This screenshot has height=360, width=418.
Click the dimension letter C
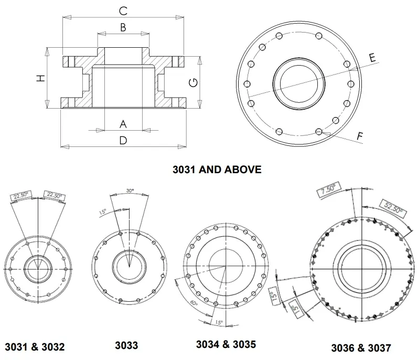pos(123,10)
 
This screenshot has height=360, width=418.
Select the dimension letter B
pos(123,28)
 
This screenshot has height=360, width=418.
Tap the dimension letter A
pos(123,124)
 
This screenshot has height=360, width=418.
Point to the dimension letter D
pos(123,141)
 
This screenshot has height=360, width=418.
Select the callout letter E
pos(372,58)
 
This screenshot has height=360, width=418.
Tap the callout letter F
pos(360,136)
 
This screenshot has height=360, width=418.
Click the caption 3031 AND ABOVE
pos(217,170)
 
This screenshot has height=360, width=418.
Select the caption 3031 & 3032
pos(35,346)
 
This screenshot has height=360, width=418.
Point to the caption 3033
pos(126,345)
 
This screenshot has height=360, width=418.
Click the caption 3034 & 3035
pos(226,345)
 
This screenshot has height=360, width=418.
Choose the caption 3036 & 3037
pos(361,347)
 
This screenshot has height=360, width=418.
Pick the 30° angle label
pos(130,190)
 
